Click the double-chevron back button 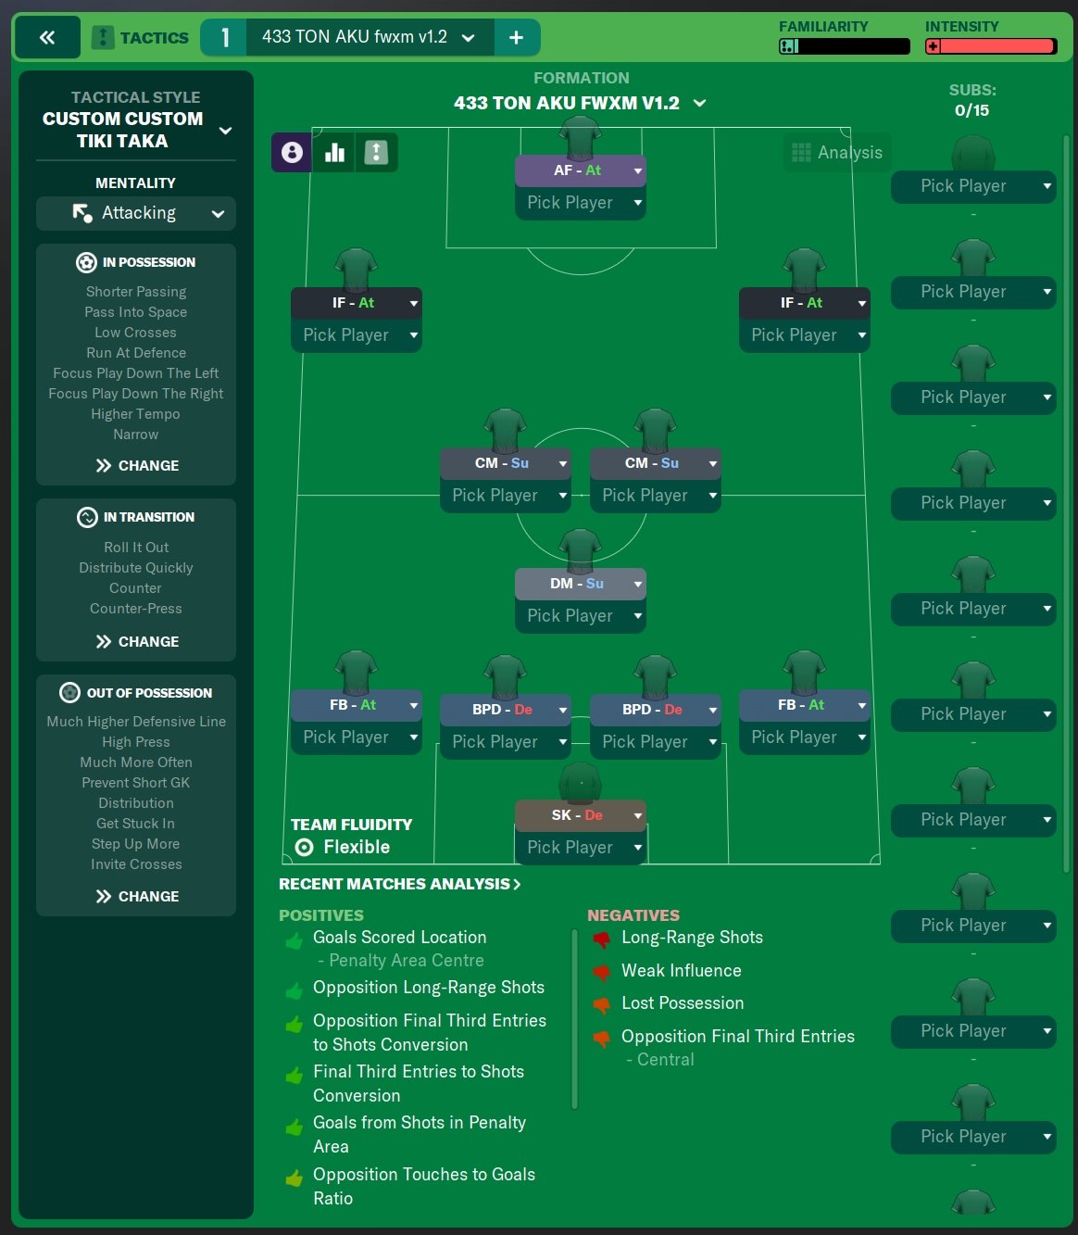pyautogui.click(x=46, y=38)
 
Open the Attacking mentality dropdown pyautogui.click(x=136, y=213)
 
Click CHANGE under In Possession pyautogui.click(x=137, y=465)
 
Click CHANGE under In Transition pyautogui.click(x=137, y=641)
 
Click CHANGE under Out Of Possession pyautogui.click(x=137, y=896)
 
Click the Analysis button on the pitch pyautogui.click(x=837, y=153)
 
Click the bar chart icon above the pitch pyautogui.click(x=334, y=153)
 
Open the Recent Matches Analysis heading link pyautogui.click(x=399, y=884)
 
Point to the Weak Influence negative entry pyautogui.click(x=681, y=971)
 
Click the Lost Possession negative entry pyautogui.click(x=682, y=1003)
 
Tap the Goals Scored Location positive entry pyautogui.click(x=399, y=938)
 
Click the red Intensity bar pyautogui.click(x=991, y=46)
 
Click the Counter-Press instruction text pyautogui.click(x=136, y=609)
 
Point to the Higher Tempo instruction pyautogui.click(x=136, y=414)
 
